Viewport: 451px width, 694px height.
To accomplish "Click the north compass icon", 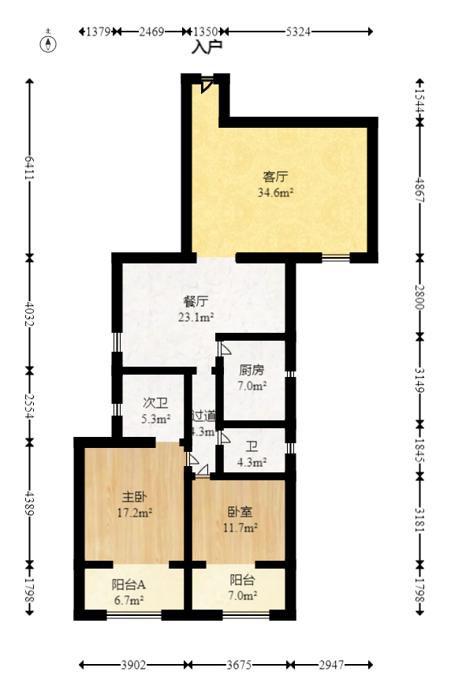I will [50, 42].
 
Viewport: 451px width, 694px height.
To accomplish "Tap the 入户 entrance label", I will [207, 47].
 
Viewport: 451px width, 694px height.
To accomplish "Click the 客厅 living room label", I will [274, 177].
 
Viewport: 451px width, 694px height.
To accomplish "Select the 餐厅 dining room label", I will [196, 301].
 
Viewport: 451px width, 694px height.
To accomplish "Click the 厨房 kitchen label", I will [252, 370].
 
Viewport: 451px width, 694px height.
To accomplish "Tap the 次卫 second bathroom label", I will [155, 403].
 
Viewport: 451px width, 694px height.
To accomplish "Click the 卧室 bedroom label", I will [240, 512].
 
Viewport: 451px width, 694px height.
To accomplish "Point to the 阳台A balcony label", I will [129, 584].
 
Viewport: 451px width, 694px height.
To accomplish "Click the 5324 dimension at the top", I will [298, 32].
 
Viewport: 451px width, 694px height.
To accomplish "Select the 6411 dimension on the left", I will [30, 167].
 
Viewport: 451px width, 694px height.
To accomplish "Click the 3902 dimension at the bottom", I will [133, 666].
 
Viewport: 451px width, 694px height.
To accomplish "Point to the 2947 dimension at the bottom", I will [332, 666].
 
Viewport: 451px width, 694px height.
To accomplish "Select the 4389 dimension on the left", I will [30, 503].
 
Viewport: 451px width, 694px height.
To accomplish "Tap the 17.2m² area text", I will [134, 512].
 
